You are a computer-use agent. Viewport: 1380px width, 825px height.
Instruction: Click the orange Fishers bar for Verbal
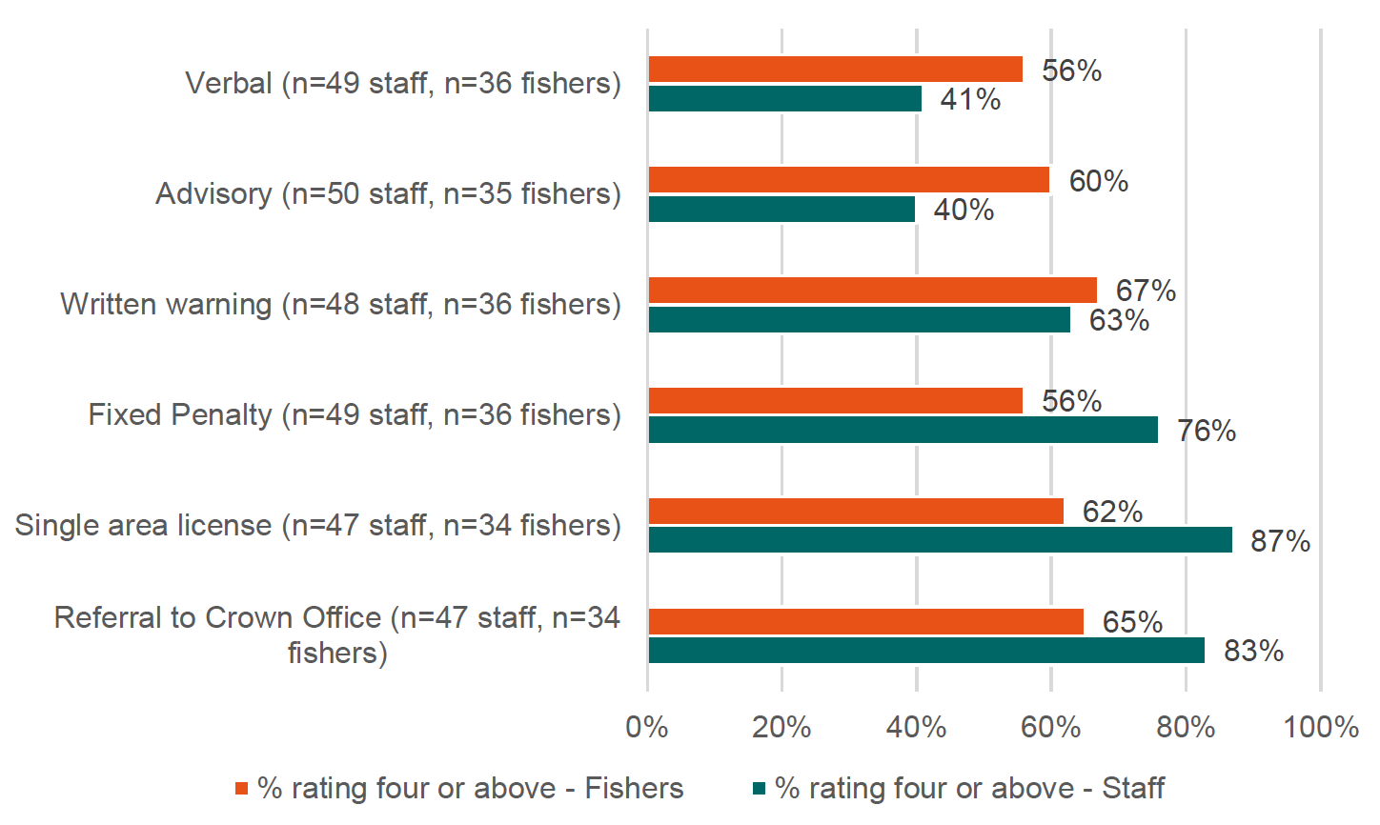coord(835,70)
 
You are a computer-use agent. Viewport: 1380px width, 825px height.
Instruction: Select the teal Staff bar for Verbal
coord(784,99)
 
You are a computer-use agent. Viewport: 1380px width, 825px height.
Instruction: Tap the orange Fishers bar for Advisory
coord(848,180)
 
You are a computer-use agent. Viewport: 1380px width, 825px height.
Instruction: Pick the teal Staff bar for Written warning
coord(859,320)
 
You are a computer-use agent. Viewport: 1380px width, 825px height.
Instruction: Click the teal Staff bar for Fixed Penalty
coord(903,431)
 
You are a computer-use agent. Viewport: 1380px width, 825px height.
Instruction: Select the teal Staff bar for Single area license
coord(940,540)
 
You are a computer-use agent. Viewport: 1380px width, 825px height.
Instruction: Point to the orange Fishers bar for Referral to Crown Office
coord(865,622)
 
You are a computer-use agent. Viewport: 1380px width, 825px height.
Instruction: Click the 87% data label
coord(1280,541)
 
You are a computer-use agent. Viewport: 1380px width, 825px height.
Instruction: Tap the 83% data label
coord(1253,652)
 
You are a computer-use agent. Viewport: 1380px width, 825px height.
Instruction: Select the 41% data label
coord(970,100)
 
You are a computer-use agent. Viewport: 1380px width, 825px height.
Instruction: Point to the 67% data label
coord(1146,291)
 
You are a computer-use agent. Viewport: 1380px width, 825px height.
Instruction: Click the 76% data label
coord(1206,432)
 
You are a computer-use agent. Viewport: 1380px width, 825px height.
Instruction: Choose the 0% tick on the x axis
coord(647,728)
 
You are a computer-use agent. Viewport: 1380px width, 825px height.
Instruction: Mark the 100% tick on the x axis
coord(1321,728)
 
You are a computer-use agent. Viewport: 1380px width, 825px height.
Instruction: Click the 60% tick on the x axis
coord(1050,728)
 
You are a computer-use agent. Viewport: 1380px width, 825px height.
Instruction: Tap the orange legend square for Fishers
coord(241,789)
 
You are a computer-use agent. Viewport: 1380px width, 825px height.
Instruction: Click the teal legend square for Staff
coord(759,789)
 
